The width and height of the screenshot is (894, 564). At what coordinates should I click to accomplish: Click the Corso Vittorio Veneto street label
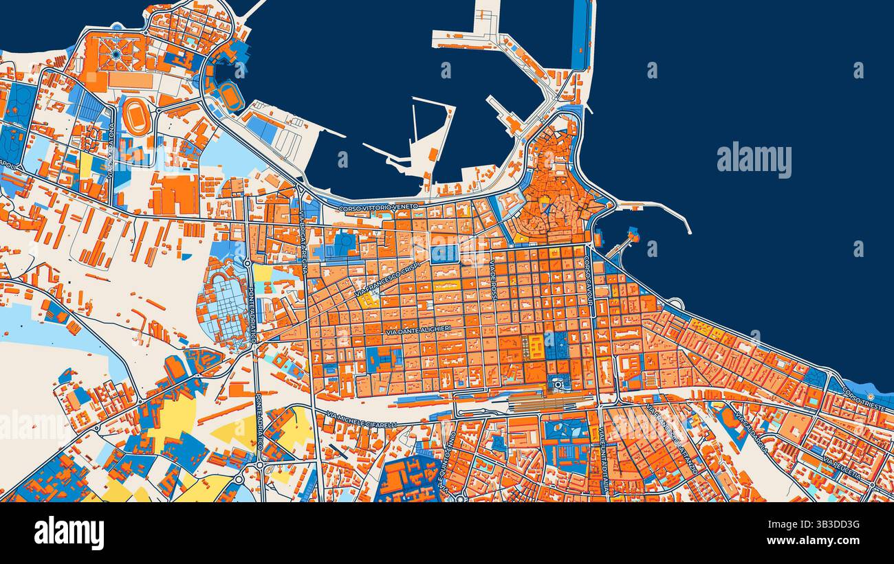tap(378, 206)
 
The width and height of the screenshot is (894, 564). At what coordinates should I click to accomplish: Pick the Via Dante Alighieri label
tap(418, 330)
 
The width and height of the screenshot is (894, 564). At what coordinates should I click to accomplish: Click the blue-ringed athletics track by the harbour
tap(232, 96)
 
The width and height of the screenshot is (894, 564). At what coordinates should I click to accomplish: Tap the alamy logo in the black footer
tap(69, 533)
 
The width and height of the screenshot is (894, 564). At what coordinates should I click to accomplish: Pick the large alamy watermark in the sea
tap(754, 160)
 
